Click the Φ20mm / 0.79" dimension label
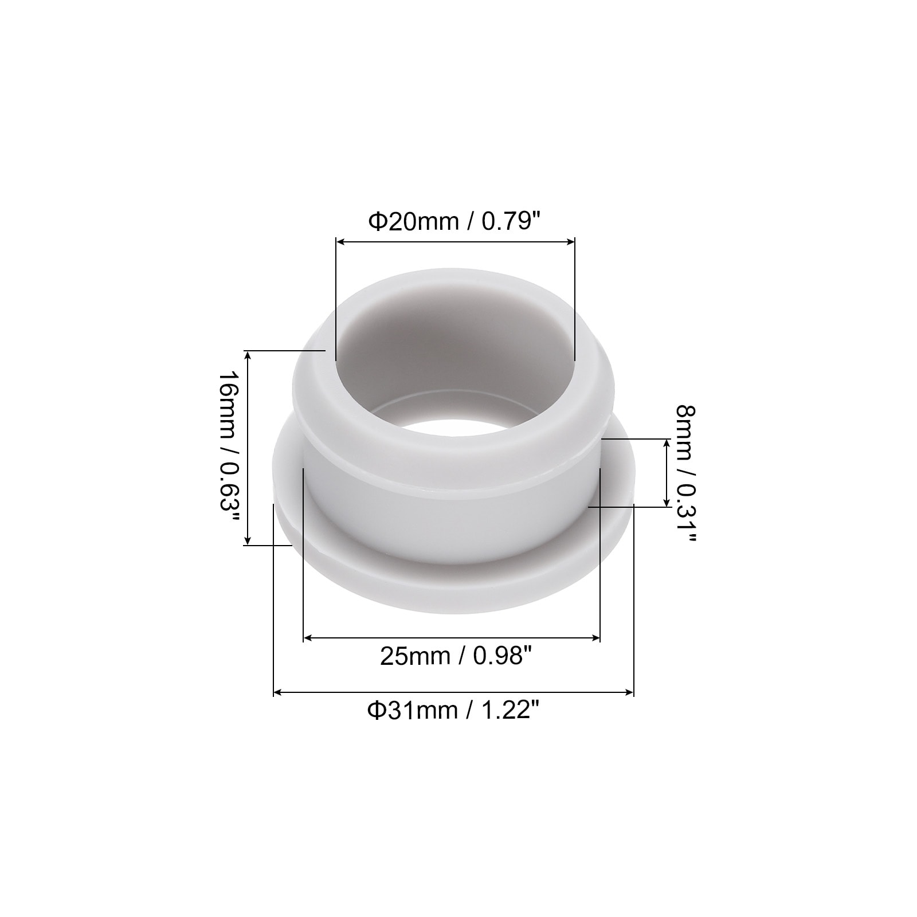coord(454,221)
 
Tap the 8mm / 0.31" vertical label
coord(685,473)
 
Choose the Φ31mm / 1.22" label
coord(454,711)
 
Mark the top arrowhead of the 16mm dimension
coord(248,356)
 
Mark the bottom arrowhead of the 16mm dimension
coord(248,540)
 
